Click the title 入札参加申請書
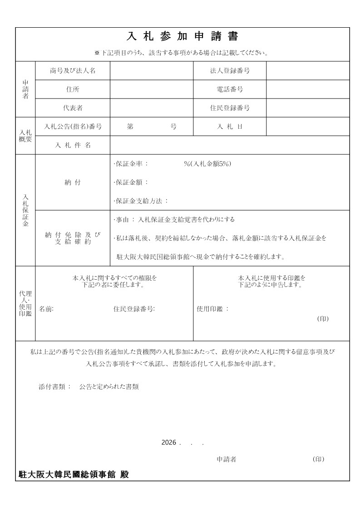(x=182, y=36)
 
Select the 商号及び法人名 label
(x=73, y=71)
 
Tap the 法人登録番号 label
(x=230, y=71)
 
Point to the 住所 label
(x=73, y=89)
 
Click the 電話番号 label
(x=230, y=89)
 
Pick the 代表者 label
(x=73, y=108)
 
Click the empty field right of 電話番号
(x=308, y=89)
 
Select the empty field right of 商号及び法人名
(x=152, y=71)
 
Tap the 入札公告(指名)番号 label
(x=73, y=127)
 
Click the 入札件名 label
(x=73, y=145)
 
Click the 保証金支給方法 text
(x=141, y=201)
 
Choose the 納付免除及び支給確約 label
(x=73, y=238)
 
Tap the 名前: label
(x=46, y=309)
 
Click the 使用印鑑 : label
(x=212, y=309)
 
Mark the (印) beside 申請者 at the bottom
(x=319, y=459)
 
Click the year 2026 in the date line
(x=168, y=442)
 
